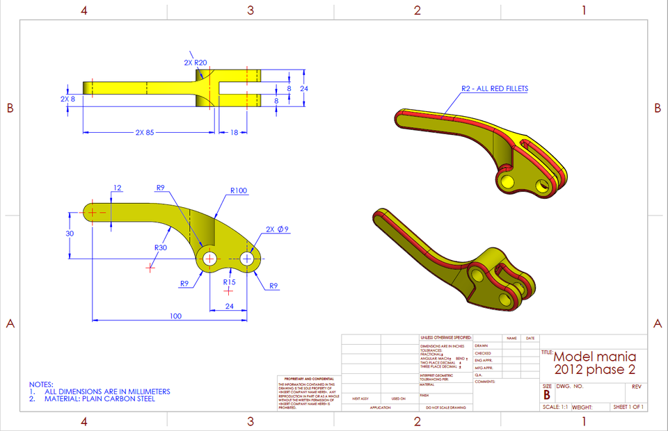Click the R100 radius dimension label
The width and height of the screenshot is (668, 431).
tap(239, 190)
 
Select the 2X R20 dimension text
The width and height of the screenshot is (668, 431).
tap(196, 63)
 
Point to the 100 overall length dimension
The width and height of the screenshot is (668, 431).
tap(175, 316)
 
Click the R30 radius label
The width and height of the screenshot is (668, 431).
tap(161, 247)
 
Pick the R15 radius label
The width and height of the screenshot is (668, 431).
tap(229, 283)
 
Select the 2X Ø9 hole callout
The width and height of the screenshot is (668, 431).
tap(277, 229)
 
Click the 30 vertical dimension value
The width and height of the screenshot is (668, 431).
tap(70, 234)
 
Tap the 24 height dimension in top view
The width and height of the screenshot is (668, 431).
tap(303, 89)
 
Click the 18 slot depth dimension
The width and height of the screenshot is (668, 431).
tap(234, 132)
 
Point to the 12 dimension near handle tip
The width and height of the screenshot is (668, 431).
tap(117, 188)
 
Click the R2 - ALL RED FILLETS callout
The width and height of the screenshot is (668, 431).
tap(494, 88)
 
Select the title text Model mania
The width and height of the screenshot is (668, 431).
tap(594, 356)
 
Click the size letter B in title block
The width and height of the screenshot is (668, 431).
tap(546, 395)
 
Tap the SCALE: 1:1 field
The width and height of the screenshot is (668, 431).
tap(555, 407)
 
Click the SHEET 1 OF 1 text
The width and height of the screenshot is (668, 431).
tap(628, 407)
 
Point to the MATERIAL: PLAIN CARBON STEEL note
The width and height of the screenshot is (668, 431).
tap(100, 399)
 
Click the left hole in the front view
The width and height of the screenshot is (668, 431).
tap(208, 259)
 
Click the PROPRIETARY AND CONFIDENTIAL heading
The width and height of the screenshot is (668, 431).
tap(307, 379)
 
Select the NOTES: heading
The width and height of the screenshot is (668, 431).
tap(40, 384)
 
